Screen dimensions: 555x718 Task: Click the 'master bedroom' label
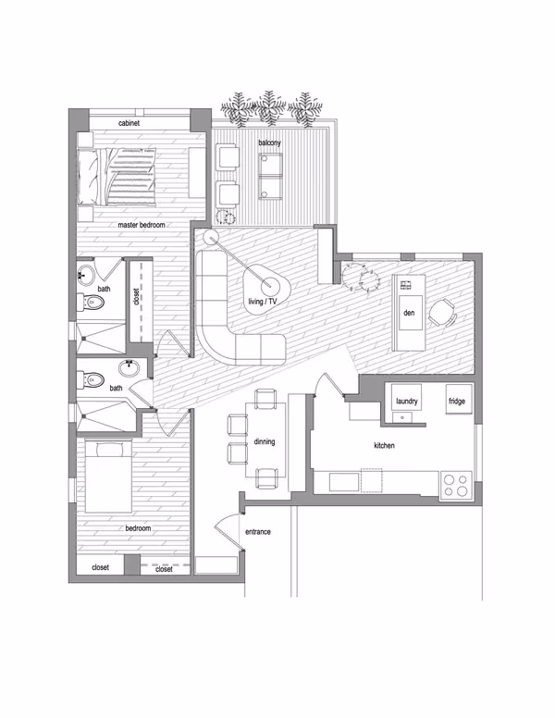[142, 225]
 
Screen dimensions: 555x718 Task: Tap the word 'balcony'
[269, 142]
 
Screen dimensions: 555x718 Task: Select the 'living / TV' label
[263, 302]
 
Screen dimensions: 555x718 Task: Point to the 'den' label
[409, 313]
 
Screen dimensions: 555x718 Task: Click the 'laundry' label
[407, 402]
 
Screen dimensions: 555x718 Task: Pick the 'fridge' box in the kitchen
[459, 400]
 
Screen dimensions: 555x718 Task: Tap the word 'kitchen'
[384, 445]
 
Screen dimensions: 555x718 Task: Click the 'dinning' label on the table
[265, 441]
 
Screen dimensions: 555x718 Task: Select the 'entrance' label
[258, 532]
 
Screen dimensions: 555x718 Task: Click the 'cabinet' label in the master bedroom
[129, 123]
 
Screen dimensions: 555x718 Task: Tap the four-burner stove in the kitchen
[456, 486]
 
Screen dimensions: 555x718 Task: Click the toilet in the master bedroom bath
[91, 302]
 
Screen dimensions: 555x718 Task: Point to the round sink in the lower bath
[129, 367]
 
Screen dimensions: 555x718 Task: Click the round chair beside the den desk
[442, 313]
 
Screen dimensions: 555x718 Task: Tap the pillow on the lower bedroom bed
[109, 450]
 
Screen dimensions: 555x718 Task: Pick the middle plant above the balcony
[270, 108]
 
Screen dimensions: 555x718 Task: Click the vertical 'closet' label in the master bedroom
[136, 297]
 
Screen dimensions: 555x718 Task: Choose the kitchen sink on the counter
[344, 483]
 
